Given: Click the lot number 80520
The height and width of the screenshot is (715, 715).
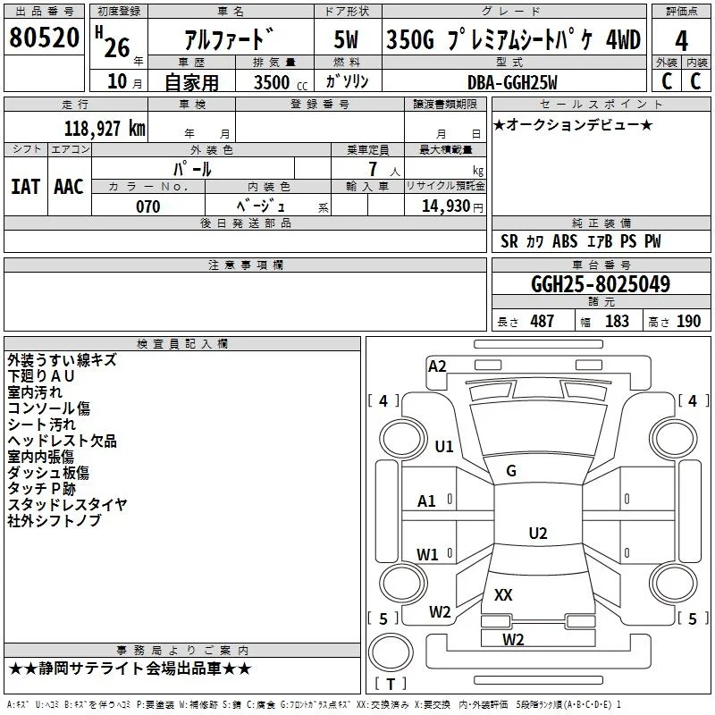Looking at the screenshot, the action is pos(44,38).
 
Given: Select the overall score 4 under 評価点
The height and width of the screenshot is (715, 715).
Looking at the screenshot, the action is pos(681,41).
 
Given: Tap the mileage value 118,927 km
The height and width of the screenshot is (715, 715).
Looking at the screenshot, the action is pos(105,128).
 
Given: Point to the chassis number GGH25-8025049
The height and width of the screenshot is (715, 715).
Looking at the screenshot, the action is pos(601,284).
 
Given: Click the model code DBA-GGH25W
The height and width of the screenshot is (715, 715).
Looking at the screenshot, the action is pos(512,82).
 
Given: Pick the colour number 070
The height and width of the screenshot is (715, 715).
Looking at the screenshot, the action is pos(148,206).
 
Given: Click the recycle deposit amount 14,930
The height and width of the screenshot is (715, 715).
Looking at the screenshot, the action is pos(445,206).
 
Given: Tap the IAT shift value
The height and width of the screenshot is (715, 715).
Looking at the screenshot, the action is pos(26,187).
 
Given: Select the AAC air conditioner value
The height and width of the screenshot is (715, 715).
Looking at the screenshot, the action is pos(69,187).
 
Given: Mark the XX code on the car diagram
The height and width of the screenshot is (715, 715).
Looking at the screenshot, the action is pos(503,594).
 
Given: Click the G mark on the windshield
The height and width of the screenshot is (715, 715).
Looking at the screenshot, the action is pos(511,471).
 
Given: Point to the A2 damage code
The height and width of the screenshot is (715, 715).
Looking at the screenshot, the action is pos(437,366).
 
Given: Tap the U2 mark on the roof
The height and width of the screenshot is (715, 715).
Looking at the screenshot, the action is pos(538,533).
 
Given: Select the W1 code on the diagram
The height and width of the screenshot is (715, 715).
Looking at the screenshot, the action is pos(427,554).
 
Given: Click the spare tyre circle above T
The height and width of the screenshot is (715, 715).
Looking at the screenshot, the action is pos(391,652).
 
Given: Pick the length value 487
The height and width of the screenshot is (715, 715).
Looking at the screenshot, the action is pos(543,322).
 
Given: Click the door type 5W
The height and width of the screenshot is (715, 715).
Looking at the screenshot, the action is pos(346,40).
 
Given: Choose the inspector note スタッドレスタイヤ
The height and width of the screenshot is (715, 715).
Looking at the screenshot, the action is pos(67,504).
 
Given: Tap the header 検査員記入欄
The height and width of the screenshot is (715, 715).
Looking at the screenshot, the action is pos(182,344).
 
